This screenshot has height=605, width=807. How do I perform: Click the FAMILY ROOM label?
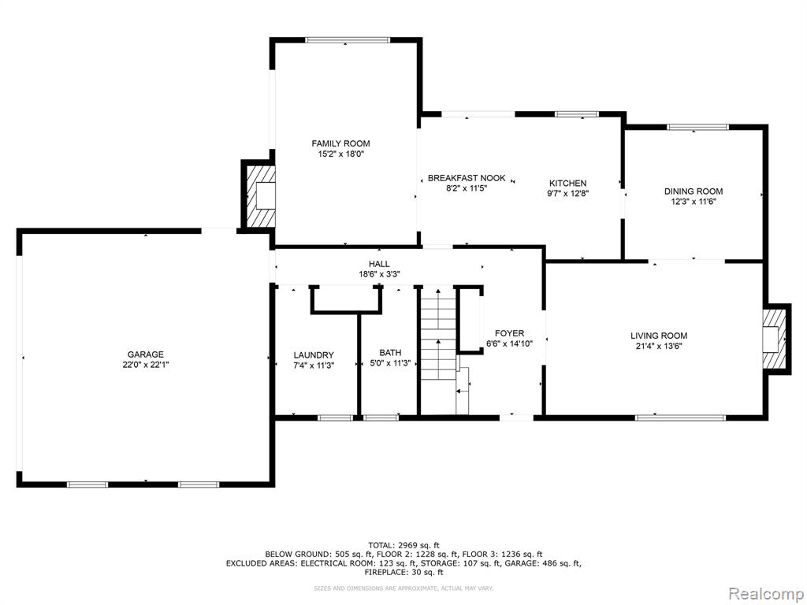click(x=340, y=143)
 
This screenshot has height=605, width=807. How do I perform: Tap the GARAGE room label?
click(x=146, y=354)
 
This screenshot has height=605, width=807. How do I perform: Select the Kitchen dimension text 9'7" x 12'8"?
click(x=567, y=194)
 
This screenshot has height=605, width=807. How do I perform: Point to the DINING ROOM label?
click(x=694, y=191)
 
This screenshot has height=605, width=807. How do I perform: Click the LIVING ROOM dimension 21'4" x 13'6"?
click(x=659, y=347)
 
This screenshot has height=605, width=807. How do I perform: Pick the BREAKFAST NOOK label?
click(x=467, y=179)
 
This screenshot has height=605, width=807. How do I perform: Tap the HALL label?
click(x=379, y=264)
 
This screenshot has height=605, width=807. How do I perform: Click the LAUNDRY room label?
click(x=314, y=355)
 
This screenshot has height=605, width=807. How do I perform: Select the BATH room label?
click(x=390, y=353)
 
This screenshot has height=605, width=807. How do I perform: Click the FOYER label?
click(x=510, y=333)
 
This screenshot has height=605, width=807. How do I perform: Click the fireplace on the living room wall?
click(x=776, y=339)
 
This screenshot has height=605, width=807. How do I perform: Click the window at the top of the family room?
click(x=348, y=39)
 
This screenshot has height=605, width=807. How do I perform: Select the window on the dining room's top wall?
click(x=698, y=127)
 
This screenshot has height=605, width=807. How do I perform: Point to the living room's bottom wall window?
click(x=680, y=418)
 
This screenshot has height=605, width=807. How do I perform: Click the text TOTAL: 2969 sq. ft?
click(x=404, y=545)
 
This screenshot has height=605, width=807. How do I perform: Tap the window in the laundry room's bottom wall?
click(x=335, y=418)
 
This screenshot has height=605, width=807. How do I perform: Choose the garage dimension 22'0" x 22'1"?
click(x=146, y=365)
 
